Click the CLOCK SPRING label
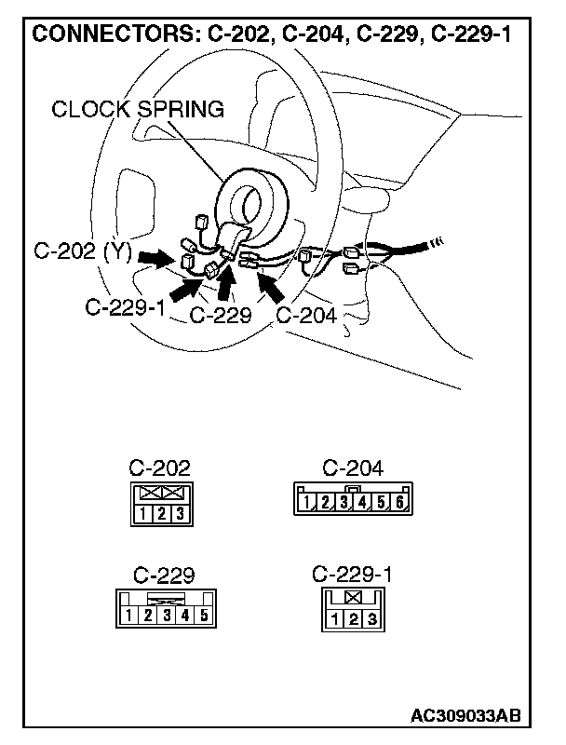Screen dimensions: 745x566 pos(138,109)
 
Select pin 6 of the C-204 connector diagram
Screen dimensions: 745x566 pos(398,504)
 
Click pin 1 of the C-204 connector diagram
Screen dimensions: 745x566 pos(306,504)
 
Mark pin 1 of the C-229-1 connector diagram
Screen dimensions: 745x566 pos(333,618)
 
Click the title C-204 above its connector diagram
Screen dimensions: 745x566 pos(352,468)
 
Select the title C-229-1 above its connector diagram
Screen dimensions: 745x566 pos(352,575)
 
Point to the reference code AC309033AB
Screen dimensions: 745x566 pos(465,716)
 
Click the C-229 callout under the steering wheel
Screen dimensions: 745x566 pos(221,315)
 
